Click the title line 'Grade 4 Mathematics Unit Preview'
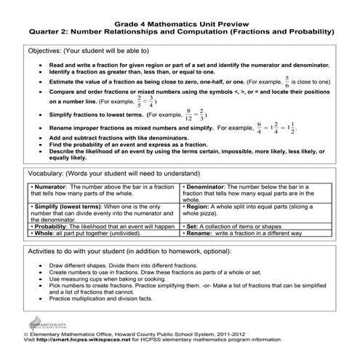pos(180,20)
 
